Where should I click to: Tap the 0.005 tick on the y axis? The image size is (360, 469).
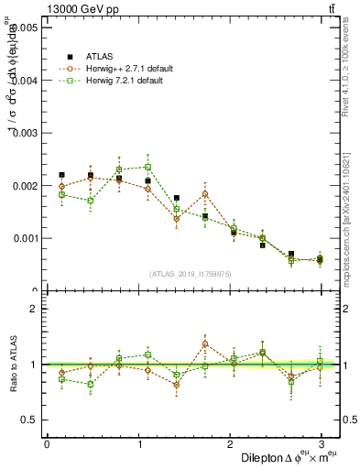tap(23, 28)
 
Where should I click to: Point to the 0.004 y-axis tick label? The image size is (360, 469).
tap(23, 81)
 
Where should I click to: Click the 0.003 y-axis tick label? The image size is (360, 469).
tap(23, 134)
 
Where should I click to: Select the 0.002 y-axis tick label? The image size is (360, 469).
tap(23, 186)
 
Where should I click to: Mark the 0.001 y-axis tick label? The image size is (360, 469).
tap(23, 238)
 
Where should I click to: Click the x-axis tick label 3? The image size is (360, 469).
tap(321, 443)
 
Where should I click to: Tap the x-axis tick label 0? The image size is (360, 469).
tap(47, 443)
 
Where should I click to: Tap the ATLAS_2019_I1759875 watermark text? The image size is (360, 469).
tap(191, 273)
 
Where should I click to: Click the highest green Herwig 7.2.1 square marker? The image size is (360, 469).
tap(147, 167)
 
